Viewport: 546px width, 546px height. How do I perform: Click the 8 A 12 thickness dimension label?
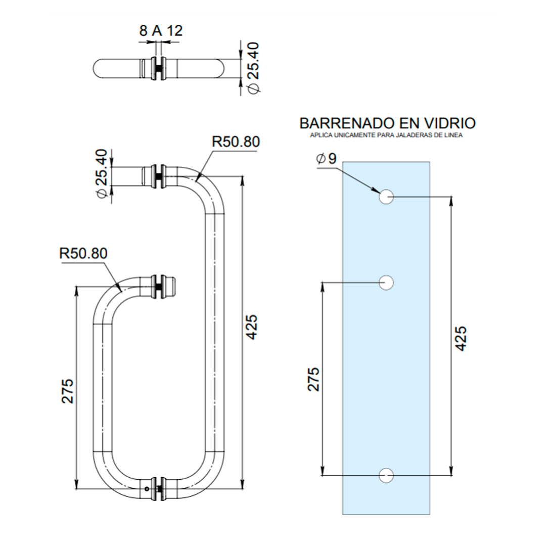(x=160, y=31)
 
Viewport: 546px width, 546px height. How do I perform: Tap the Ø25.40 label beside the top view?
(x=252, y=68)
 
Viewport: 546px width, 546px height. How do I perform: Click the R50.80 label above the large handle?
(x=236, y=142)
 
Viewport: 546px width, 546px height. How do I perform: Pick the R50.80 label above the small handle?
(x=83, y=253)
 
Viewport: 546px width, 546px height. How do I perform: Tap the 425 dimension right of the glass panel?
(x=460, y=339)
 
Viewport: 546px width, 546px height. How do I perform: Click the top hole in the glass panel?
(x=387, y=197)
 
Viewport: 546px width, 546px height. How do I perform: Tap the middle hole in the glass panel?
(x=387, y=283)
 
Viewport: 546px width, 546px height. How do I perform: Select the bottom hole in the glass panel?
(x=387, y=475)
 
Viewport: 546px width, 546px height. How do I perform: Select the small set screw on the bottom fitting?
(x=147, y=489)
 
